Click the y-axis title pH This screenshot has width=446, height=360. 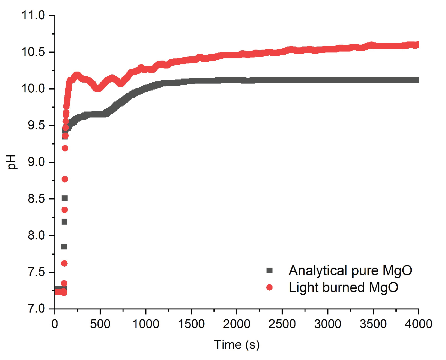tap(13, 162)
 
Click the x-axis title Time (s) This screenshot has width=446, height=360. tap(237, 345)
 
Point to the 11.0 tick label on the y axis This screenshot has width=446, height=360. tap(33, 15)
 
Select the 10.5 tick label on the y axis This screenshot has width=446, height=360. tap(33, 52)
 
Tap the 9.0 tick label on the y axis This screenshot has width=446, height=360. tap(36, 162)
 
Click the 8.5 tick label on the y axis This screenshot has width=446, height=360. tap(36, 199)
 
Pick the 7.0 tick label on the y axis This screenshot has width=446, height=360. tap(36, 309)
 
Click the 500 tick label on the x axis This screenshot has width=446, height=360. tap(100, 324)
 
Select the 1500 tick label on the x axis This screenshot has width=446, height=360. tap(191, 324)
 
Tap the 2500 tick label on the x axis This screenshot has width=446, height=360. tap(282, 324)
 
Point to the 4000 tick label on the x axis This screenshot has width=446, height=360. tap(418, 324)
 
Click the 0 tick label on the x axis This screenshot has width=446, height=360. tap(55, 324)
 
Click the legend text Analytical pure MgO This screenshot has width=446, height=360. tap(350, 270)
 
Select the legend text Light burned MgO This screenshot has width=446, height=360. tap(343, 287)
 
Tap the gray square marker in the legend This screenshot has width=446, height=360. tap(269, 270)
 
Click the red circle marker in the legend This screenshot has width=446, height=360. tap(269, 287)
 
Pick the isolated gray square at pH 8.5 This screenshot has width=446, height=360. tap(64, 198)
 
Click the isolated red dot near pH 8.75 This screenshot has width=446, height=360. tap(65, 179)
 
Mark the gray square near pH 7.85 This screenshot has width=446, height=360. tap(64, 247)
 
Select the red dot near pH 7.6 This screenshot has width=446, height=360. tap(64, 263)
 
